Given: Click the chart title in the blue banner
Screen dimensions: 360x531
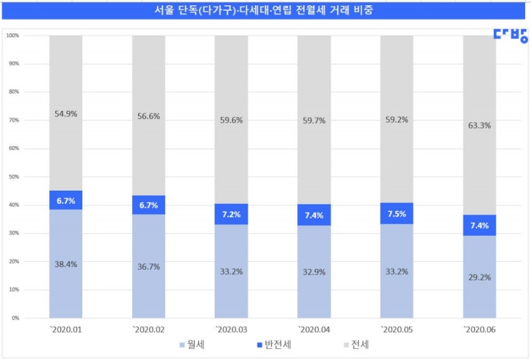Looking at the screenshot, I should click(265, 12).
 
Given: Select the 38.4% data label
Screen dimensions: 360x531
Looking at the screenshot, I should click(66, 264).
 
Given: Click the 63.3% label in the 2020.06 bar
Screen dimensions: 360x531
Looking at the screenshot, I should click(479, 125).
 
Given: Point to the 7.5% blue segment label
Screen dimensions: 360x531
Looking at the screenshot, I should click(396, 214).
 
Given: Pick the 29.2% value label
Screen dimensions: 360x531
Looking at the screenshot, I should click(479, 277).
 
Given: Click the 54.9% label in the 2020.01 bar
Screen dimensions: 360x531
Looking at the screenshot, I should click(66, 114).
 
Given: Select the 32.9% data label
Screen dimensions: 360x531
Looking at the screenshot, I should click(314, 272).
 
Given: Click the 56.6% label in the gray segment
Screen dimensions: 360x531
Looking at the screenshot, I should click(149, 116).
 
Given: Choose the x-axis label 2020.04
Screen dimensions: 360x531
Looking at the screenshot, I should click(314, 330).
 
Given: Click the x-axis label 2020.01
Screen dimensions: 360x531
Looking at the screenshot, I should click(66, 330).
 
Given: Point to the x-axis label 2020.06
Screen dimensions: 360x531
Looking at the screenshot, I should click(479, 330).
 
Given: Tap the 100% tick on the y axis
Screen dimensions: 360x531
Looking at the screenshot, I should click(13, 35).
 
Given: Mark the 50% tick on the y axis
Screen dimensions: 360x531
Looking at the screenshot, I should click(14, 177).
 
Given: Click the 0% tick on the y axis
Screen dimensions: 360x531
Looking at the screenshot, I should click(15, 318).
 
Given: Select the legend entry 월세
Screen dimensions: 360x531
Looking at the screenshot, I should click(192, 345).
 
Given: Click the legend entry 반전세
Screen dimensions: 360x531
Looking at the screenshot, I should click(273, 345).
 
